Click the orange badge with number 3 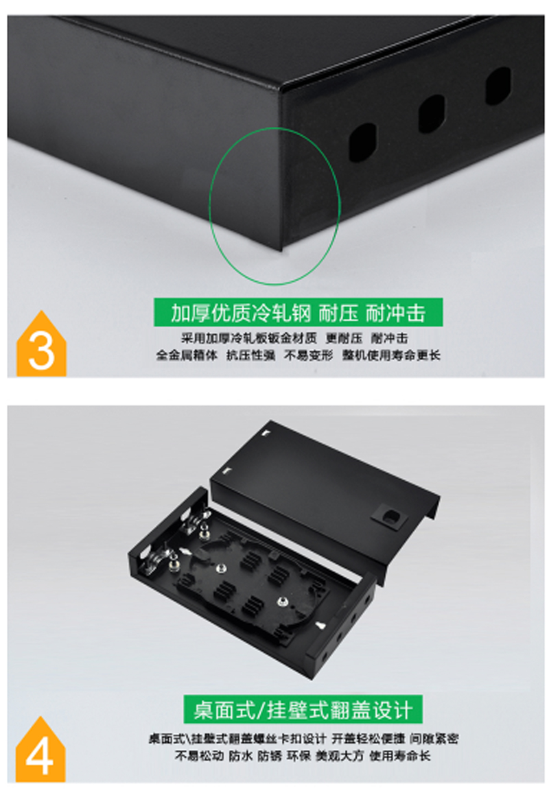pyautogui.click(x=41, y=346)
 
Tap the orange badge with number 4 pyautogui.click(x=40, y=751)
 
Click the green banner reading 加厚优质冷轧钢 pyautogui.click(x=298, y=313)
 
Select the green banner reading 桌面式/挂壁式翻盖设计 pyautogui.click(x=303, y=709)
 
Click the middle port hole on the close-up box pyautogui.click(x=431, y=113)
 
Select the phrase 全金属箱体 pyautogui.click(x=187, y=355)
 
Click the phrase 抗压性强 pyautogui.click(x=250, y=355)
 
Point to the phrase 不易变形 pyautogui.click(x=308, y=355)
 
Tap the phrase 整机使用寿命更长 pyautogui.click(x=390, y=355)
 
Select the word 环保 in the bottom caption pyautogui.click(x=299, y=756)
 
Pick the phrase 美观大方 pyautogui.click(x=340, y=756)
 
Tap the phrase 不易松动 pyautogui.click(x=199, y=756)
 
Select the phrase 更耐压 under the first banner pyautogui.click(x=344, y=338)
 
